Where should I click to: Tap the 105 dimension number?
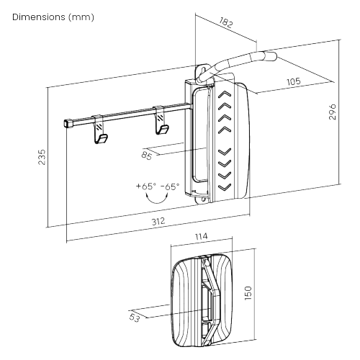click(x=293, y=81)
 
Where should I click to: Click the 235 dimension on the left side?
click(x=41, y=156)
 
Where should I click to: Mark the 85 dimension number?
click(x=146, y=154)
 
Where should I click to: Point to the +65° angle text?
click(x=145, y=186)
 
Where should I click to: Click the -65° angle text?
click(x=170, y=186)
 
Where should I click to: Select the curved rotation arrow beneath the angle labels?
click(x=158, y=199)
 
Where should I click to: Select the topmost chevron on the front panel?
click(x=225, y=94)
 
